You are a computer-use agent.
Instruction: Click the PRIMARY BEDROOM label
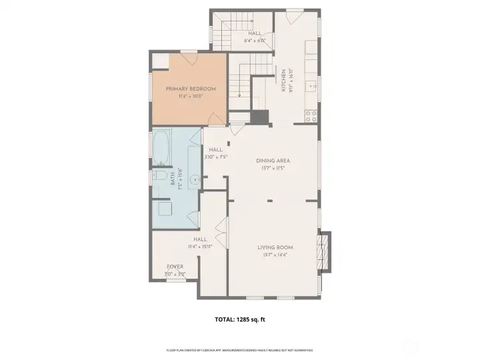(x=191, y=89)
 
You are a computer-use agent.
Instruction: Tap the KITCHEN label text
(x=283, y=81)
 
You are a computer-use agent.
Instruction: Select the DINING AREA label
(x=273, y=161)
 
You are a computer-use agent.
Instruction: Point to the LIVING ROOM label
(x=275, y=247)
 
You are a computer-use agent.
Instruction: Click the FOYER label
(x=175, y=267)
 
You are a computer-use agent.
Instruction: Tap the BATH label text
(x=172, y=179)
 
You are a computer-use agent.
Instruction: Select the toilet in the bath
(x=158, y=177)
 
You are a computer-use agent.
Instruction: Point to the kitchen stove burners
(x=311, y=115)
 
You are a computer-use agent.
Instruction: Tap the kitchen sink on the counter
(x=311, y=86)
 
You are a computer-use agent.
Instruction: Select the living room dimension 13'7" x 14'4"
(x=275, y=255)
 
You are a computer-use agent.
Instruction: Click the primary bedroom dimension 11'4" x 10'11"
(x=191, y=97)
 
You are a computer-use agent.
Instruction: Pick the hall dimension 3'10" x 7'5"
(x=217, y=157)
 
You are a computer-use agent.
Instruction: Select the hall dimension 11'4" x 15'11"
(x=199, y=246)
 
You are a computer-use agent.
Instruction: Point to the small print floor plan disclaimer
(x=239, y=349)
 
